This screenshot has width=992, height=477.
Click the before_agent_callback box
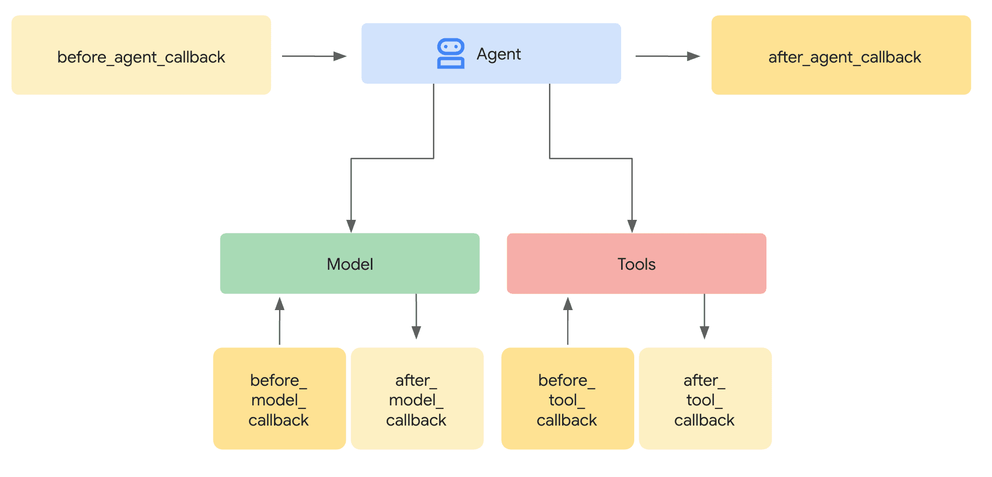[x=141, y=55]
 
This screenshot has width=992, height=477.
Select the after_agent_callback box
[x=841, y=55]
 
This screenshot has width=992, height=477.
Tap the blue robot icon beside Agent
[x=451, y=53]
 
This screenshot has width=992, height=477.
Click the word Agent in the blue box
[x=499, y=54]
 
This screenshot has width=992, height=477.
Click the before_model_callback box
[x=279, y=398]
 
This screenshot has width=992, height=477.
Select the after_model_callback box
[x=417, y=398]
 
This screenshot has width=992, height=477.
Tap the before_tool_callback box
[x=567, y=398]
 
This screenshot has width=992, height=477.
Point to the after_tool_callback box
[x=705, y=398]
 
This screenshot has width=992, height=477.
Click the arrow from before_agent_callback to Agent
[x=314, y=56]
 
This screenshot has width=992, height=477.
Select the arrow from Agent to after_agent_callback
[x=667, y=56]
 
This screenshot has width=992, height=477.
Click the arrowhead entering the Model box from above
[x=351, y=226]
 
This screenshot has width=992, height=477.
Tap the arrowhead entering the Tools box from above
[x=632, y=226]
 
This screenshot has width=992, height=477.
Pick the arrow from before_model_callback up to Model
[x=280, y=321]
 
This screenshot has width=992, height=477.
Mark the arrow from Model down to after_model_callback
[x=416, y=317]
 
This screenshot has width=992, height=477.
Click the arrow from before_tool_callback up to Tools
[x=568, y=321]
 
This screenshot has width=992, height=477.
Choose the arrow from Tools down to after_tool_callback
[x=704, y=317]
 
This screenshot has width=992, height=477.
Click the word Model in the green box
[x=350, y=264]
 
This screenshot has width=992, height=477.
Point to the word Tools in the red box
[x=636, y=264]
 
